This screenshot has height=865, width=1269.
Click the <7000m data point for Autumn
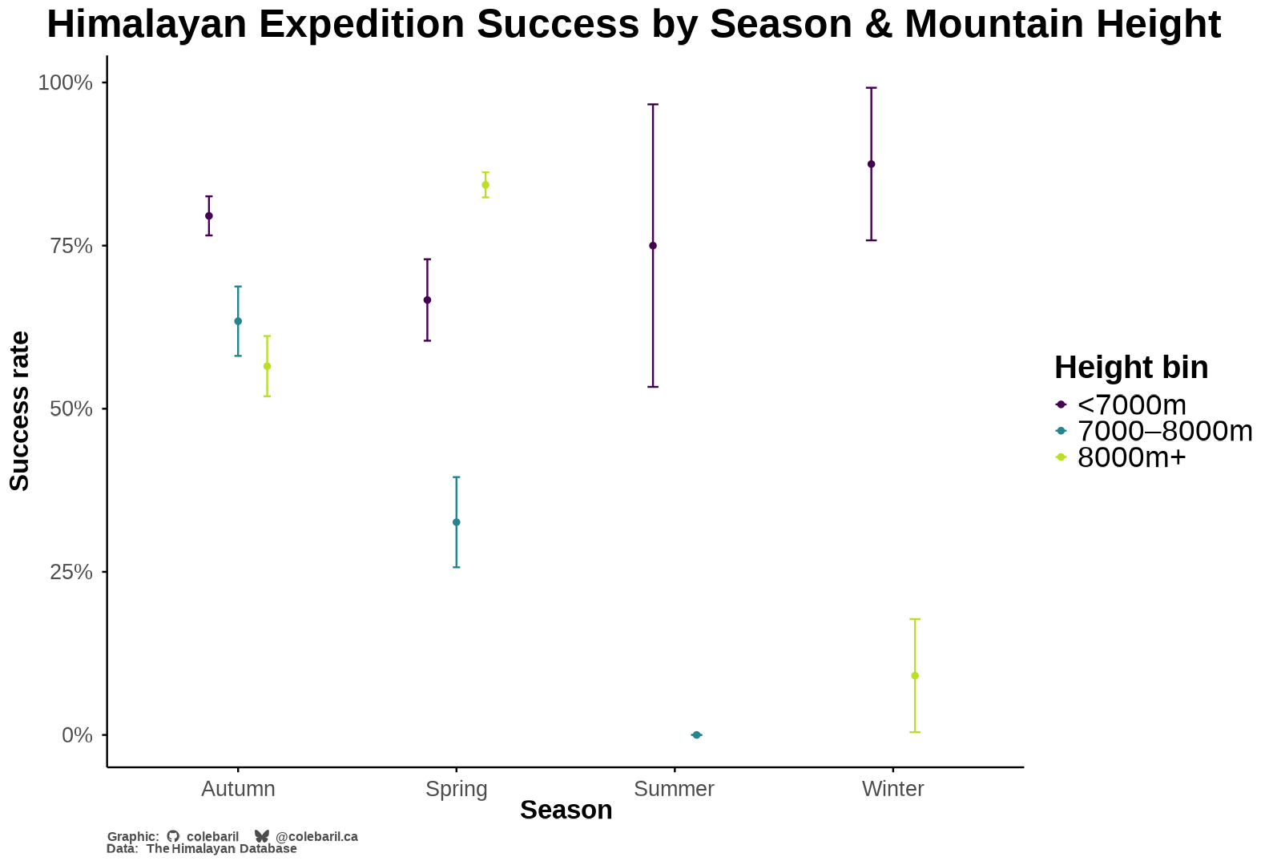click(209, 215)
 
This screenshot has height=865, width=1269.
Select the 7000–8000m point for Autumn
click(238, 321)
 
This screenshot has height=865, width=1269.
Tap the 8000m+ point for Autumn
click(267, 366)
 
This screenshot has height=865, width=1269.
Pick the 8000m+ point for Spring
click(485, 185)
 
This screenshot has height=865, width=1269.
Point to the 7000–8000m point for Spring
click(457, 522)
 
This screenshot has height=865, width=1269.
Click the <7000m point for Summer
click(653, 245)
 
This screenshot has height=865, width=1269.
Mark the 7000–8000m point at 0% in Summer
click(696, 734)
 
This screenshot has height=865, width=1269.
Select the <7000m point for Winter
click(872, 164)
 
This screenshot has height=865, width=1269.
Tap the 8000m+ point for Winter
click(915, 675)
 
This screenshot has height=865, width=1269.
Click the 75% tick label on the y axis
click(72, 246)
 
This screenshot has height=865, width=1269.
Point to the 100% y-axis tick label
click(66, 82)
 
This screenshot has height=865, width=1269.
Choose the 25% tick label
click(72, 572)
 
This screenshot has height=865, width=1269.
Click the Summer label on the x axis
click(674, 789)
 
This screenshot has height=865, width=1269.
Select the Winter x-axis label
click(892, 789)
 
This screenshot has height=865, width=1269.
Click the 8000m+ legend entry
click(1130, 457)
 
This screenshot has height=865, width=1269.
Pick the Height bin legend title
click(1131, 368)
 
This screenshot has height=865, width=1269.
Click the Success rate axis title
click(19, 411)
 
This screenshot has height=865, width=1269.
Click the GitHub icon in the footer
click(173, 836)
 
